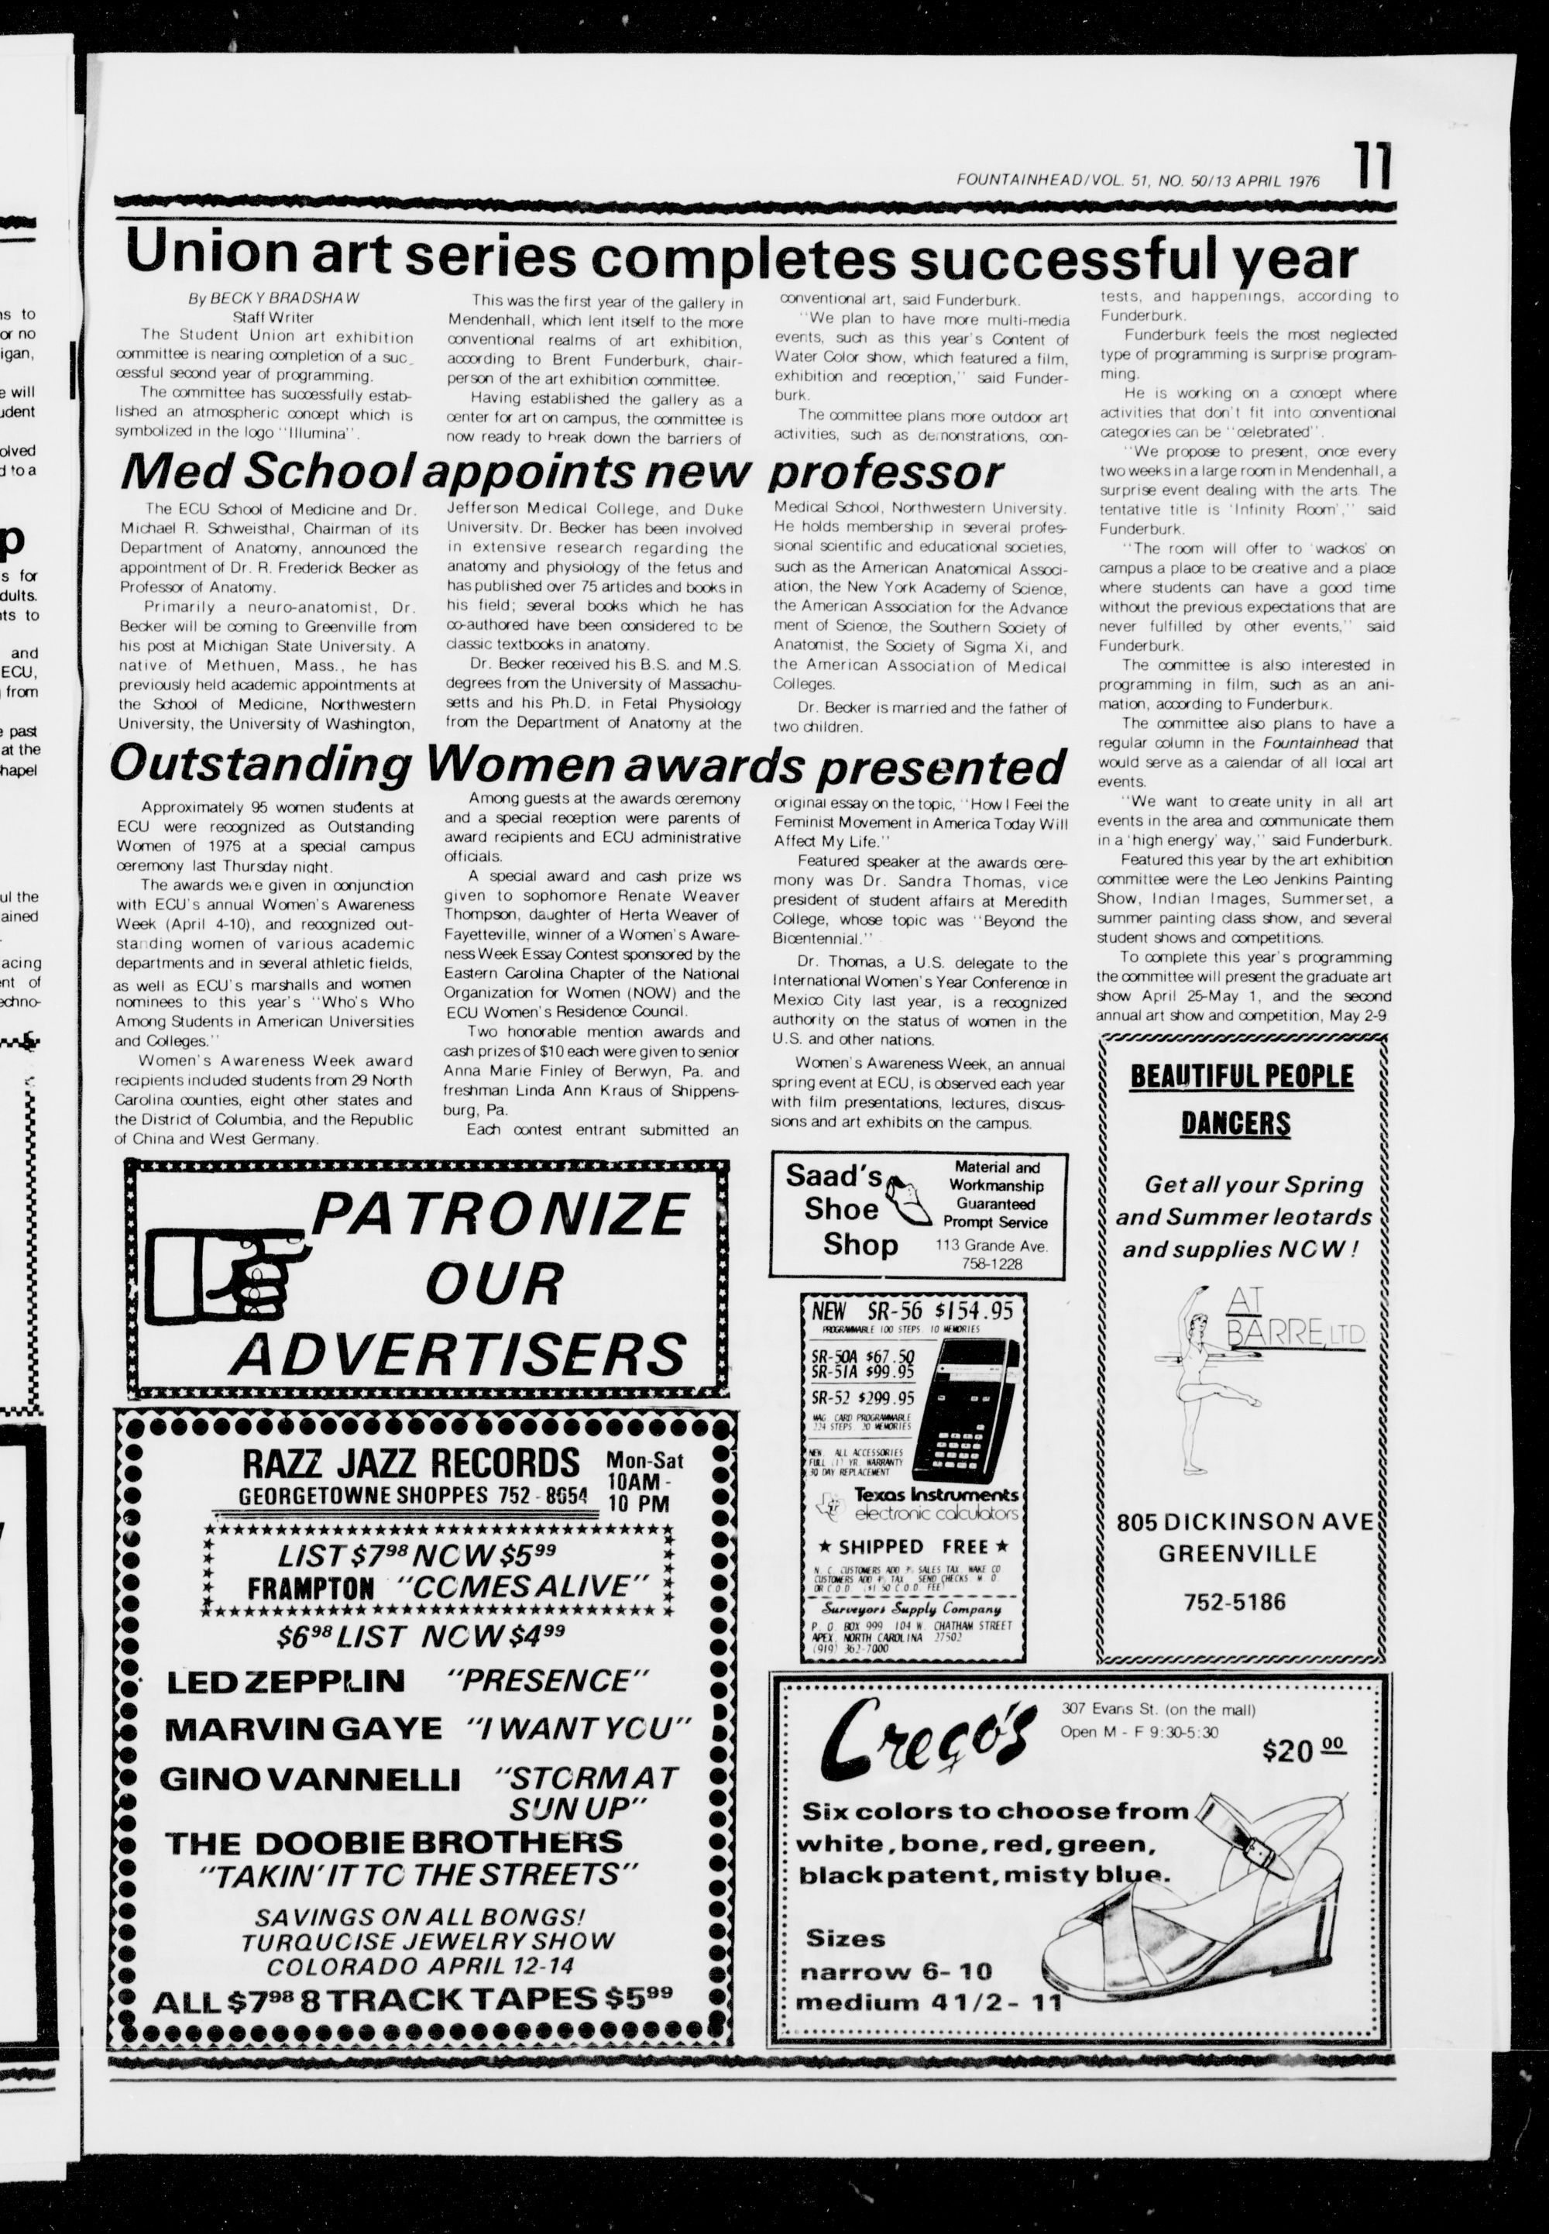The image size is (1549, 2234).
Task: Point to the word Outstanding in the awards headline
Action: (x=260, y=765)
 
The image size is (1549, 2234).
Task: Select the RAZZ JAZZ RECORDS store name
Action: (x=399, y=1462)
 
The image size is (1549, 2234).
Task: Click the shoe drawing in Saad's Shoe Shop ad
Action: (x=908, y=1191)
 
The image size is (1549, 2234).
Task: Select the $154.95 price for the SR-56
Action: (x=974, y=1312)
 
